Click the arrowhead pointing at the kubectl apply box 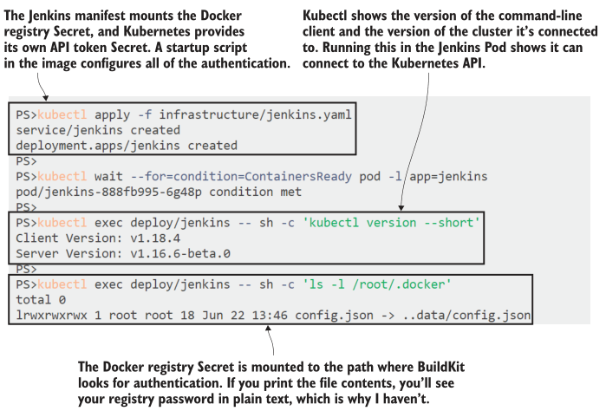pos(43,100)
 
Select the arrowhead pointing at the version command pos(401,209)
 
